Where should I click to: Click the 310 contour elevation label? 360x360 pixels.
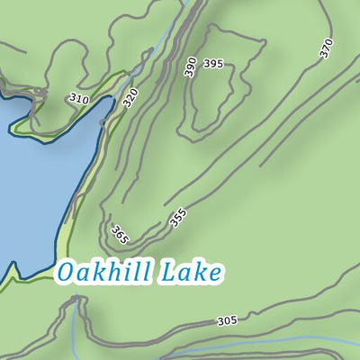(78, 98)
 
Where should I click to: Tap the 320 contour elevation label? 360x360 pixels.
(130, 98)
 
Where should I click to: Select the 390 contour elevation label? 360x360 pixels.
(190, 67)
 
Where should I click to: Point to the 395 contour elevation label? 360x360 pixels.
(213, 64)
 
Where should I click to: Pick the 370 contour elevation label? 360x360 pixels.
(326, 49)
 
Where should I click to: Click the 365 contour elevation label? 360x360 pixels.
(120, 236)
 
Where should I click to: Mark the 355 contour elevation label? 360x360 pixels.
(177, 218)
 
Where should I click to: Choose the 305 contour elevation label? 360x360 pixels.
(228, 321)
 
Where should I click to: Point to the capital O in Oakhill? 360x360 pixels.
(66, 272)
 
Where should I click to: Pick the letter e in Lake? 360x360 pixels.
(213, 274)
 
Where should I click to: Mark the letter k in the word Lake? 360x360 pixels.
(200, 271)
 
